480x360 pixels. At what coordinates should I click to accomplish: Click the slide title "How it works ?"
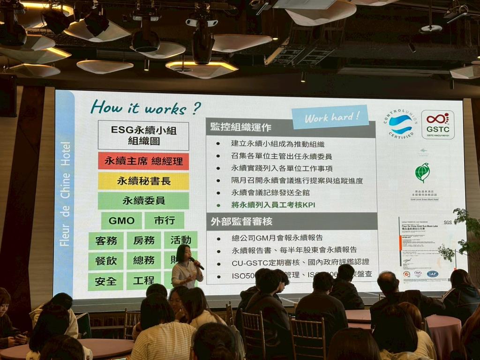click(x=146, y=107)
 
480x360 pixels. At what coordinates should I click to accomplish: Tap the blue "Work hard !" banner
click(x=330, y=117)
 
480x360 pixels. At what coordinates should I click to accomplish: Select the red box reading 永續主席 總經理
click(x=143, y=161)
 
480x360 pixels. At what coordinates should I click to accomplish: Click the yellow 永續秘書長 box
click(x=143, y=181)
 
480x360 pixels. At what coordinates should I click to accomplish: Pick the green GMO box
click(x=121, y=220)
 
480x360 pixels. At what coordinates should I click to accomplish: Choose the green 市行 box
click(x=164, y=220)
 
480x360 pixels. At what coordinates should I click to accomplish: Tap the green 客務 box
click(x=106, y=240)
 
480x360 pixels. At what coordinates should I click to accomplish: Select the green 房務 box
click(x=143, y=240)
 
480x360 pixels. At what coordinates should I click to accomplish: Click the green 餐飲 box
click(x=106, y=261)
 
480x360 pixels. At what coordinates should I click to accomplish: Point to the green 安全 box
click(x=106, y=281)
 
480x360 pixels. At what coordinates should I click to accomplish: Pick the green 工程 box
click(x=143, y=281)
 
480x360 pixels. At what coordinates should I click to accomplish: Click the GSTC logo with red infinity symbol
click(x=437, y=124)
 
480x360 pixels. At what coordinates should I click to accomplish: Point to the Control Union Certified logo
click(x=401, y=124)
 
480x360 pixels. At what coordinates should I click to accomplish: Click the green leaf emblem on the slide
click(x=422, y=172)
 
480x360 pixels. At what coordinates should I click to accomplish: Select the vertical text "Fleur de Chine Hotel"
click(x=65, y=193)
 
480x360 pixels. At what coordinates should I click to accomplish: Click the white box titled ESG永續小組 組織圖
click(x=143, y=135)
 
